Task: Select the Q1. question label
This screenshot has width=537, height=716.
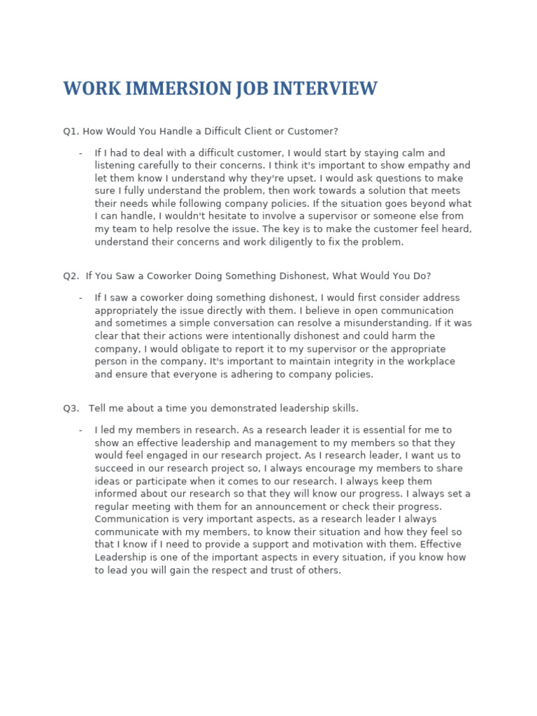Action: click(72, 131)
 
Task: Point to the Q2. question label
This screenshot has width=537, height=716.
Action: click(72, 276)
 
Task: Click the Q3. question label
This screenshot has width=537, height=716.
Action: click(72, 408)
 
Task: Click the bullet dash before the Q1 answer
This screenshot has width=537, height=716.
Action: click(80, 153)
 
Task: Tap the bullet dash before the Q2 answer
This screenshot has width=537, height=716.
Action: click(80, 298)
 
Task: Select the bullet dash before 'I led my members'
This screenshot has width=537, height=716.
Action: click(80, 430)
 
